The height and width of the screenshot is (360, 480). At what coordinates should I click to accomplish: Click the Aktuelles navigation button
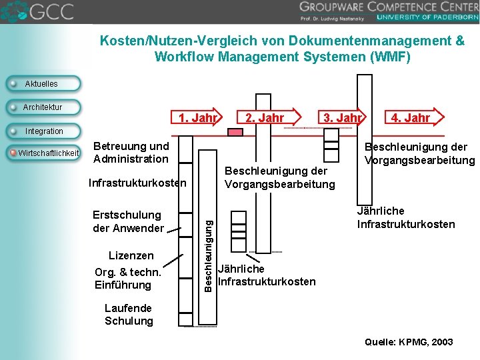[41, 84]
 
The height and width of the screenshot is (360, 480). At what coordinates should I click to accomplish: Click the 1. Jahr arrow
[197, 119]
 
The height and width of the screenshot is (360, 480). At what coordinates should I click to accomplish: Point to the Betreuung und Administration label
[131, 152]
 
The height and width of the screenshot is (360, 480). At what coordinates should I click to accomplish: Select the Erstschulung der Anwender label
[127, 221]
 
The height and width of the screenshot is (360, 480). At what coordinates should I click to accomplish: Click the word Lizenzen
[131, 256]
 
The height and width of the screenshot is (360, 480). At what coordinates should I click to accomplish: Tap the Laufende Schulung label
[129, 315]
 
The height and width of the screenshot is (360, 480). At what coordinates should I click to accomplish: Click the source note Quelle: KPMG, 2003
[409, 342]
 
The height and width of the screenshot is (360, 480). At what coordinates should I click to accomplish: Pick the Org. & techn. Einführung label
[128, 279]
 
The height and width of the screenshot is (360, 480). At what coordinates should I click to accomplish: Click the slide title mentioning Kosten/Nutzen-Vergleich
[282, 49]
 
